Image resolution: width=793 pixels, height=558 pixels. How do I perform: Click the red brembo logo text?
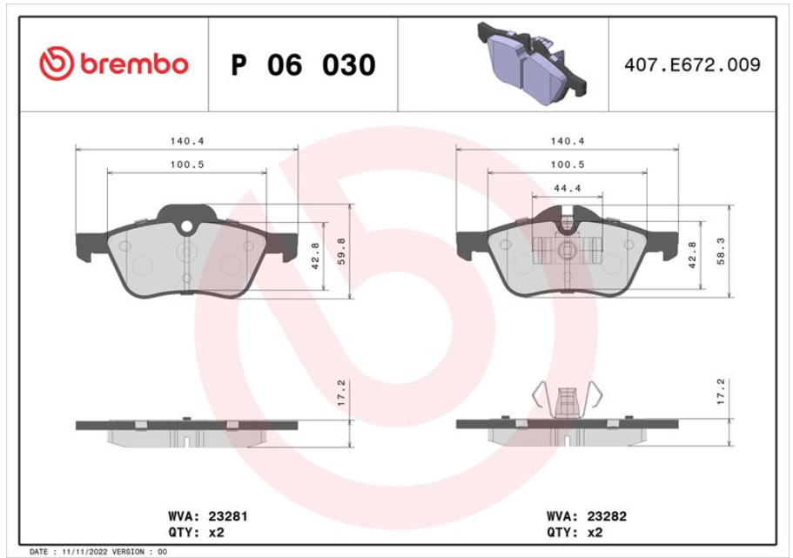134,64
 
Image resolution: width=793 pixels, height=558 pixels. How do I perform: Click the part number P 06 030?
303,65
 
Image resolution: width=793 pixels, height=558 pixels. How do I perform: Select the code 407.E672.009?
692,64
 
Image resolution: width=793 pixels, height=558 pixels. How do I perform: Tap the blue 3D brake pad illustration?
532,64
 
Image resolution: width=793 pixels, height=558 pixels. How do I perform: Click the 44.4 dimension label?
567,188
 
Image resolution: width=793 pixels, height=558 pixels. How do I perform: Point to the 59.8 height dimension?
341,252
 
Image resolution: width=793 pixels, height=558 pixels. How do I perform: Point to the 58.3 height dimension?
721,252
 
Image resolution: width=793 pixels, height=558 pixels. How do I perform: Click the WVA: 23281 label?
208,516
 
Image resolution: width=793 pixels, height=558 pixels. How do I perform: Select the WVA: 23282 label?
587,516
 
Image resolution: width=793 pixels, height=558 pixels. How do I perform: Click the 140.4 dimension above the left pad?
187,141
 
